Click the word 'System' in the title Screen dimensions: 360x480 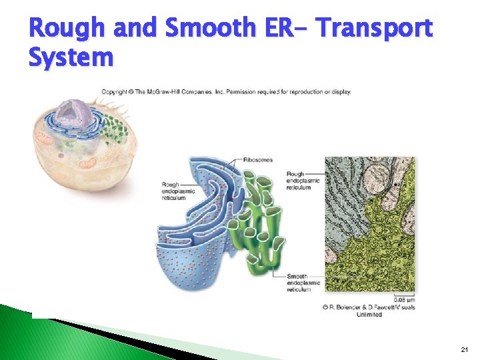[71, 57]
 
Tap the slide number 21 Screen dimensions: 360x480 [464, 350]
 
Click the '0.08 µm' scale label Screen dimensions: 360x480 [403, 300]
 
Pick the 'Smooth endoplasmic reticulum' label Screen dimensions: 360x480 [303, 283]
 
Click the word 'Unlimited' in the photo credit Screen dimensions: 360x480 [369, 314]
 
